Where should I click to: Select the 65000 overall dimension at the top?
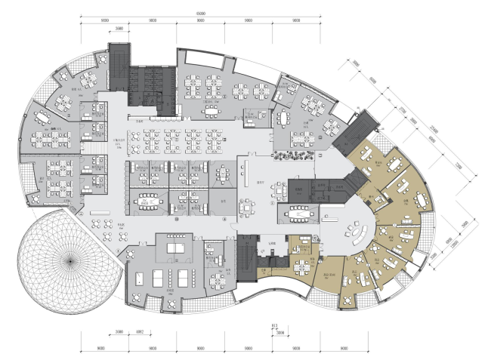pyautogui.click(x=199, y=13)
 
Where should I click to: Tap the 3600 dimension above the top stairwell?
pyautogui.click(x=119, y=29)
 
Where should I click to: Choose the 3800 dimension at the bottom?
pyautogui.click(x=280, y=331)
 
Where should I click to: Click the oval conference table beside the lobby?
pyautogui.click(x=298, y=214)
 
